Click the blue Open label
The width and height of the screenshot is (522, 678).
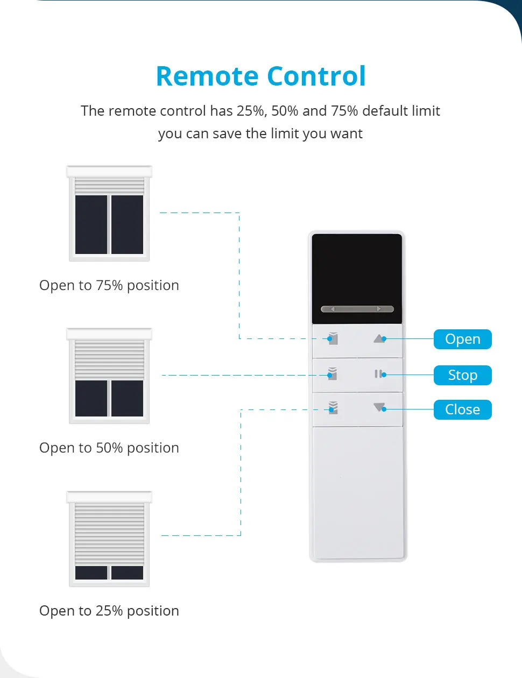pyautogui.click(x=462, y=339)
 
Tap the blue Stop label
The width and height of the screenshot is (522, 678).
pyautogui.click(x=462, y=375)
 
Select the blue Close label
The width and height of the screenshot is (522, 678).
pyautogui.click(x=462, y=409)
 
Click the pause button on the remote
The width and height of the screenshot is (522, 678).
pyautogui.click(x=379, y=374)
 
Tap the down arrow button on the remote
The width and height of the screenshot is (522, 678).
pyautogui.click(x=379, y=408)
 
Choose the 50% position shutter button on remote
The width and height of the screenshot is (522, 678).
pyautogui.click(x=333, y=373)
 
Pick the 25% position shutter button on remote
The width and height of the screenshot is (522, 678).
pyautogui.click(x=333, y=408)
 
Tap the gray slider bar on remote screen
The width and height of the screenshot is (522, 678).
pyautogui.click(x=357, y=309)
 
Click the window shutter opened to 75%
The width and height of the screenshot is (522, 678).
pyautogui.click(x=109, y=214)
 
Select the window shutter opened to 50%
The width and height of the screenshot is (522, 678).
pyautogui.click(x=109, y=376)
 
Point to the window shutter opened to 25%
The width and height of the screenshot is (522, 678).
pyautogui.click(x=109, y=539)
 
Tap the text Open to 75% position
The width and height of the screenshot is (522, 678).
pyautogui.click(x=109, y=285)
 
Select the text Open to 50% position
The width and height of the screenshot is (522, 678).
pyautogui.click(x=109, y=448)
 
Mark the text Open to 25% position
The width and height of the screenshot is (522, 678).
pyautogui.click(x=109, y=611)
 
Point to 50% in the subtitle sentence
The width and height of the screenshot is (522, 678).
pyautogui.click(x=285, y=111)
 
